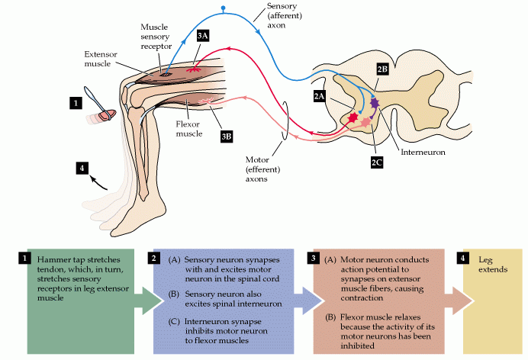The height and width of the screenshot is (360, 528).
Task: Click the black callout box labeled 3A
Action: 204,36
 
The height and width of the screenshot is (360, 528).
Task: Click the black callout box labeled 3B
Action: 227,136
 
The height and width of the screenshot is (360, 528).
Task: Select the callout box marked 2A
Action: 320,96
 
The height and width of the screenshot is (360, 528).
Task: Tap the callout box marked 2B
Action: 382,69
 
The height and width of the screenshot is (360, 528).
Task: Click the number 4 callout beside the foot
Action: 82,167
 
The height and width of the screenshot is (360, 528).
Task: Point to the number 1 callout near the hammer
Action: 75,101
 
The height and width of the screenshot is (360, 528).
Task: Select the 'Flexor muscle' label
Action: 188,128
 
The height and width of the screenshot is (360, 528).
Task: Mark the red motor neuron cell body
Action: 353,118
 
